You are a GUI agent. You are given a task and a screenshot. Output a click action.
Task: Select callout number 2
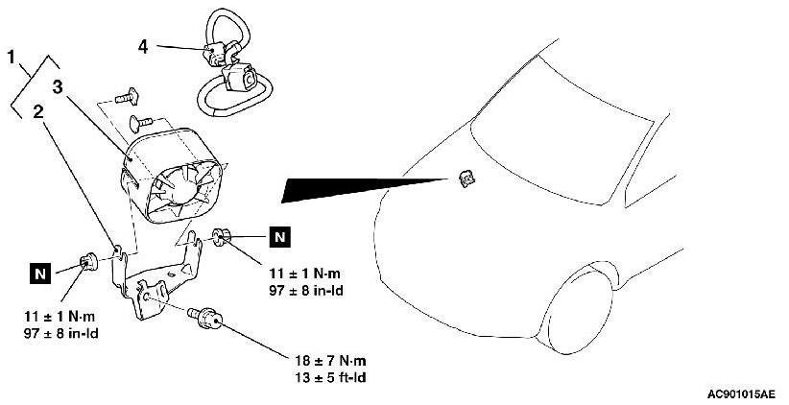pyautogui.click(x=37, y=111)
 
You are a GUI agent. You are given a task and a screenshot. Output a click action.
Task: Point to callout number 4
pyautogui.click(x=144, y=44)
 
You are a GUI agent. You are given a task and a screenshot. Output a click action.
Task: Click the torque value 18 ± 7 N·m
pyautogui.click(x=331, y=360)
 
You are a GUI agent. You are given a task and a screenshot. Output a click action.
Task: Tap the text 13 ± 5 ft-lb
pyautogui.click(x=329, y=376)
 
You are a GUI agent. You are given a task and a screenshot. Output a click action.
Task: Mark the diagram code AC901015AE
pyautogui.click(x=742, y=394)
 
